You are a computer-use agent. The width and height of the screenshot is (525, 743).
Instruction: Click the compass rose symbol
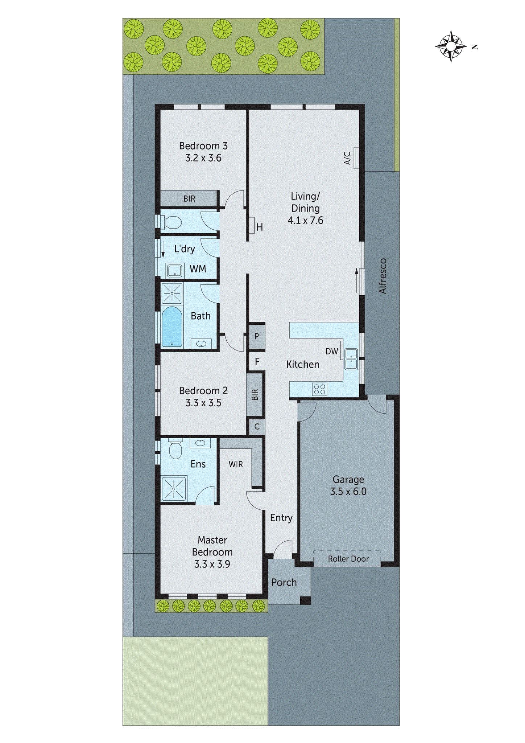coord(451,46)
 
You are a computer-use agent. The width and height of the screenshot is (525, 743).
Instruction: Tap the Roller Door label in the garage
coord(348,559)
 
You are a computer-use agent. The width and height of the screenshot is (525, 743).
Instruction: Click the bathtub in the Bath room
coord(171,327)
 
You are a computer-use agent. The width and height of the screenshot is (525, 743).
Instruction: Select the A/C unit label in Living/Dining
coord(347,158)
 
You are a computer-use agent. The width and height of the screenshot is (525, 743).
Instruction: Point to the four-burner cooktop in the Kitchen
coord(319,389)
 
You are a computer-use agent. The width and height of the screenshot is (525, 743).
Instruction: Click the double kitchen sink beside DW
coord(351,359)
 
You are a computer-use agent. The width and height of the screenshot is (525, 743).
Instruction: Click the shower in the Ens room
coord(174,489)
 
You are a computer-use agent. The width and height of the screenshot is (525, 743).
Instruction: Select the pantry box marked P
coord(257,336)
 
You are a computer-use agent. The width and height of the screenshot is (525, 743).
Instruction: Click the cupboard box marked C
coord(257,427)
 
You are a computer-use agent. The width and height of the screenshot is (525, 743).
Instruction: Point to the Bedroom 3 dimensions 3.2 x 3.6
coord(203,158)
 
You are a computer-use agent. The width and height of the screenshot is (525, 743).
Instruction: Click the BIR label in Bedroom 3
coord(189,199)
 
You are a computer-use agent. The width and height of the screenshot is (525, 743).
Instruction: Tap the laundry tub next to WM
coord(174,270)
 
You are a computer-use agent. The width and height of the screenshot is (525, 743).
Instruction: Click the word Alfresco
coord(383,276)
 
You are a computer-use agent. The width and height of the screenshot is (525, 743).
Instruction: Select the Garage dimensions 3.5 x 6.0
coord(348,492)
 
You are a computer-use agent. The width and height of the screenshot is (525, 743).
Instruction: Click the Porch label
coord(284,582)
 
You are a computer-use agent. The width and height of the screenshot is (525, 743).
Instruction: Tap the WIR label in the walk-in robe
coord(236,464)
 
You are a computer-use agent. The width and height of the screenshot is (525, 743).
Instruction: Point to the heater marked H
coord(252,225)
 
